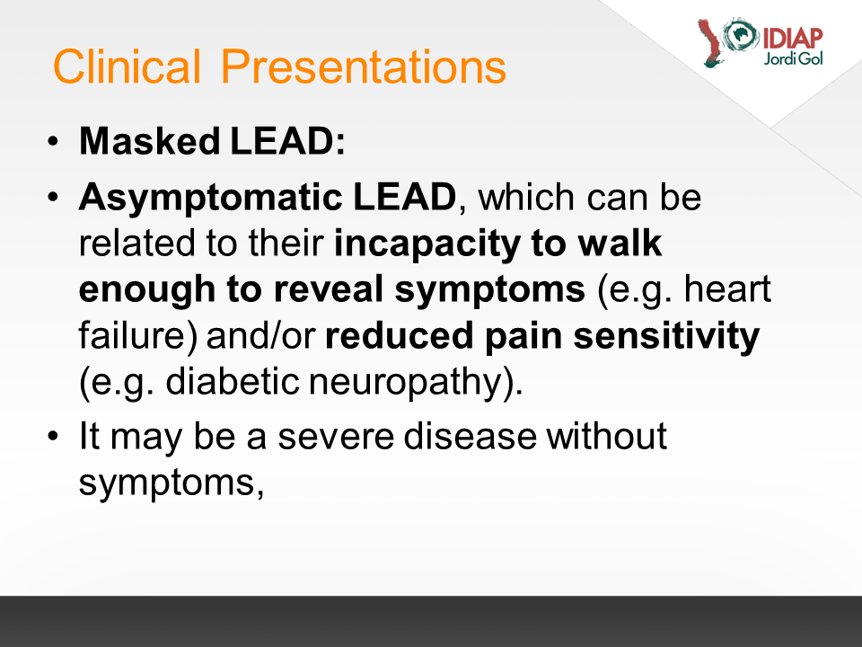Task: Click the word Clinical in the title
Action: pyautogui.click(x=127, y=66)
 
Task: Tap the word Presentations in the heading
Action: pyautogui.click(x=363, y=66)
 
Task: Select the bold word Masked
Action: pyautogui.click(x=150, y=141)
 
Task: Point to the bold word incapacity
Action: pyautogui.click(x=427, y=244)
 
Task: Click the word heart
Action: pyautogui.click(x=727, y=288)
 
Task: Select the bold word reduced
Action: pyautogui.click(x=399, y=335)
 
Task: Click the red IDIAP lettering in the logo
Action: pyautogui.click(x=792, y=39)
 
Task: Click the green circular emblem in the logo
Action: pyautogui.click(x=740, y=35)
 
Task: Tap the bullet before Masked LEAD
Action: pyautogui.click(x=53, y=141)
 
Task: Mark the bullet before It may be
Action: pyautogui.click(x=53, y=437)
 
